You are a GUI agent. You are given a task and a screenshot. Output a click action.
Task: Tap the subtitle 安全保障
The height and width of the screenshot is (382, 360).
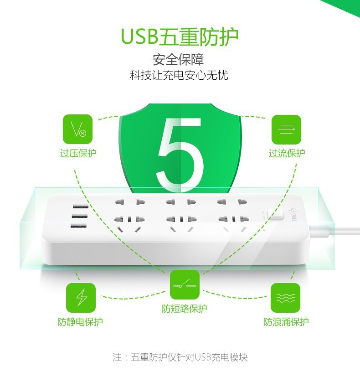(178, 60)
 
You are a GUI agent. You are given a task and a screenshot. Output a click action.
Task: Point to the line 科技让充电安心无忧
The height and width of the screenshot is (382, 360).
(179, 75)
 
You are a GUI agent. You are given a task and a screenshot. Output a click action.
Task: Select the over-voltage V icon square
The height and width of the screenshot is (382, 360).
(77, 129)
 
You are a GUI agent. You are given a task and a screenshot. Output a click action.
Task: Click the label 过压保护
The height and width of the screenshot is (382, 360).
(78, 153)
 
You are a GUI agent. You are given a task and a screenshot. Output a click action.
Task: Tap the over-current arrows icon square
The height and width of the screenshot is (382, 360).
(286, 129)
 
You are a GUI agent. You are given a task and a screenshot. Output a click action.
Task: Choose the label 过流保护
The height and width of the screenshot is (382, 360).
(287, 153)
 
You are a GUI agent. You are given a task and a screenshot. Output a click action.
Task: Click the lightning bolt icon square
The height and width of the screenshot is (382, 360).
(81, 298)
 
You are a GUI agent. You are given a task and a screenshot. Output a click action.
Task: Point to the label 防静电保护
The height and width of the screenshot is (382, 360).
(80, 322)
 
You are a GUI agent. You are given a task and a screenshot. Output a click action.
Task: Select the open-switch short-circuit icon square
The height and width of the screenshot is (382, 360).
(185, 284)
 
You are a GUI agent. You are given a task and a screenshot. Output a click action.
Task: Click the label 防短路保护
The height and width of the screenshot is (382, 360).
(185, 309)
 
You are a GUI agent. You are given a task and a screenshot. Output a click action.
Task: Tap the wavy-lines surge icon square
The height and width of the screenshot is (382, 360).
(285, 298)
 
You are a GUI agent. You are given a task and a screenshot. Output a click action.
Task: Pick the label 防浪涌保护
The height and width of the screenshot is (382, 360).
(286, 322)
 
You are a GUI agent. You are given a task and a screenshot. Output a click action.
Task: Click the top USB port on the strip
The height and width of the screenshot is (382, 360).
(81, 206)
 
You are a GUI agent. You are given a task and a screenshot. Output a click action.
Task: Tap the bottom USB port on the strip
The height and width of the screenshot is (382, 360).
(78, 226)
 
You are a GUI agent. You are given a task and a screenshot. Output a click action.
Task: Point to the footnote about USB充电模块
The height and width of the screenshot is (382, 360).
(180, 357)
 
